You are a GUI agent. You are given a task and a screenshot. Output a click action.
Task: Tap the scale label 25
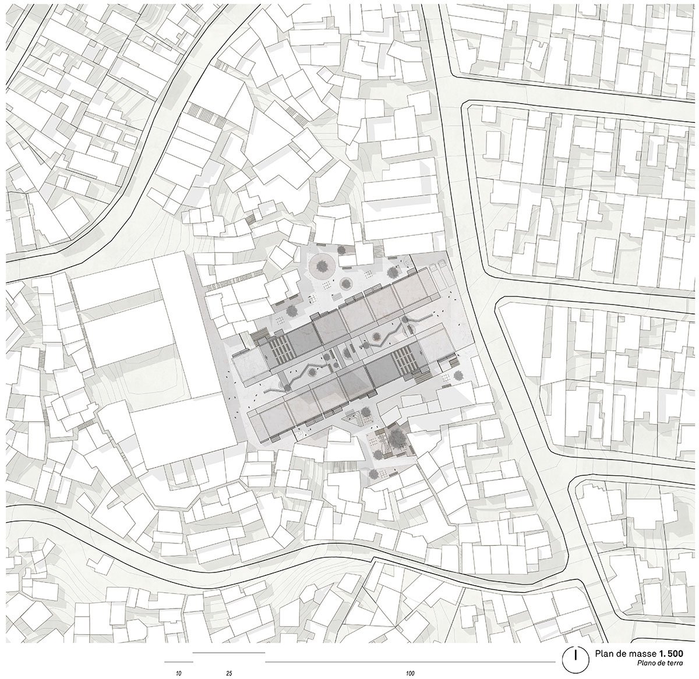pos(229,673)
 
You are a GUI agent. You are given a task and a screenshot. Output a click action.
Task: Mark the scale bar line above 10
pos(178,662)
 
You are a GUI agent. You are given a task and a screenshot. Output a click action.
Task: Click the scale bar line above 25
pos(228,653)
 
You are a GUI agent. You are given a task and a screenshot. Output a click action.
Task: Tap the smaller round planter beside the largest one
pos(346,284)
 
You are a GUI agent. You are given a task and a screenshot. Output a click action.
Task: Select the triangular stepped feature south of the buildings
pos(352,418)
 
